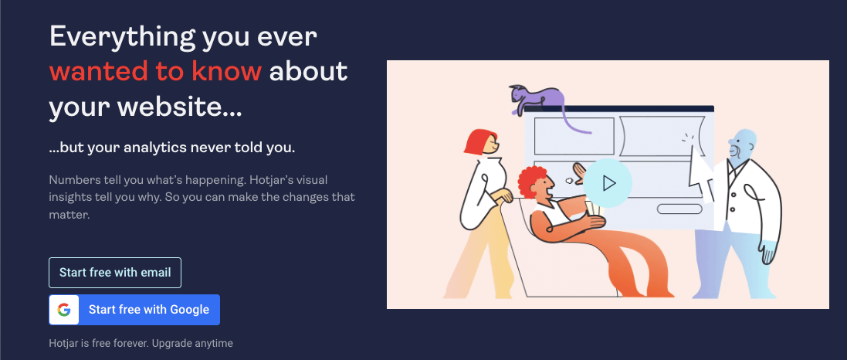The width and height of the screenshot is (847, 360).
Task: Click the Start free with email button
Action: [115, 273]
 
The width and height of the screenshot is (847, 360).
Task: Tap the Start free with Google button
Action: [134, 310]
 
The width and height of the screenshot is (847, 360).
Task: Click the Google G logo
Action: [64, 310]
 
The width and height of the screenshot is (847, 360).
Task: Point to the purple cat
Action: [537, 100]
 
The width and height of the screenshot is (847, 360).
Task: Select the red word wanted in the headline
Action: [97, 72]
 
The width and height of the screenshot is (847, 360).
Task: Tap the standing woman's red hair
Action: [478, 141]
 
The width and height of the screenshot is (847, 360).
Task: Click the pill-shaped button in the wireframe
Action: [679, 209]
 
